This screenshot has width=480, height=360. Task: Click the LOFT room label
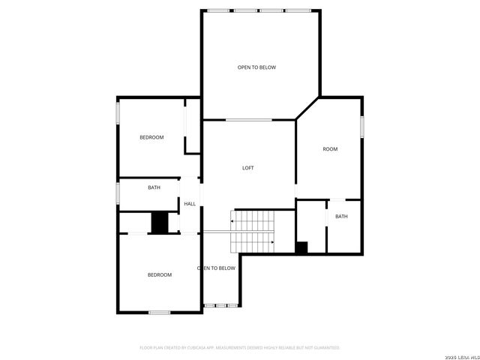(x=247, y=168)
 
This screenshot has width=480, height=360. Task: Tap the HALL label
(x=190, y=204)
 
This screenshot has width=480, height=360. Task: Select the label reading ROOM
(x=330, y=149)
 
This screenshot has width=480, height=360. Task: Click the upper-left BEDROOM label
(x=151, y=137)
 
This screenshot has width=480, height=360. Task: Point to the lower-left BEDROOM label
(x=159, y=274)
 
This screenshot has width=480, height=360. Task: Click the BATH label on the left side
(x=154, y=187)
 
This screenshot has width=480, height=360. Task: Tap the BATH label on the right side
(x=341, y=217)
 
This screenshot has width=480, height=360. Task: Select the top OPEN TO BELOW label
(x=256, y=67)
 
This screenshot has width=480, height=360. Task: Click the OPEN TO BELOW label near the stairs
(x=217, y=268)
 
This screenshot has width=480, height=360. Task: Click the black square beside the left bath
(x=159, y=223)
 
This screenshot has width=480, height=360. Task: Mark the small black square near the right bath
(x=301, y=248)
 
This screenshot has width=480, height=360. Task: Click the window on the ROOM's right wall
(x=362, y=126)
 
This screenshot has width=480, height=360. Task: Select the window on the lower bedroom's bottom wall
(x=159, y=312)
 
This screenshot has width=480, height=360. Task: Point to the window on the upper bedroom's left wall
(x=118, y=112)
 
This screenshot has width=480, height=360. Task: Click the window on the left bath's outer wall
(x=118, y=193)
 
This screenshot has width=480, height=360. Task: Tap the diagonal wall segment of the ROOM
(x=307, y=108)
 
